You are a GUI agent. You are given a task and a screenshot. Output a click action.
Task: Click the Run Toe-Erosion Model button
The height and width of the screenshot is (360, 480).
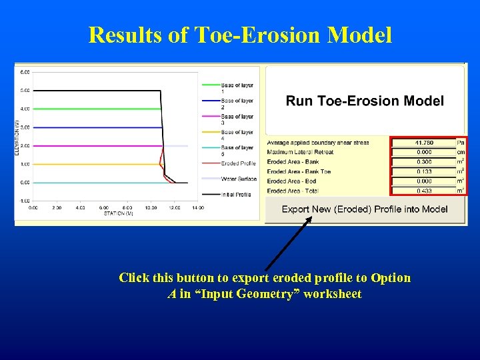365,101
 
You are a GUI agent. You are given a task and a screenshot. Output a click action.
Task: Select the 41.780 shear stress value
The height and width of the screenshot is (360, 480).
423,143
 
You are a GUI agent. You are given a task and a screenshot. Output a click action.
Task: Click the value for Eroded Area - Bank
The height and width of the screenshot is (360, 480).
423,162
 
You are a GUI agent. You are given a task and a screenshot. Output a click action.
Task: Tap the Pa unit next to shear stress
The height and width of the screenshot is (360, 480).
461,143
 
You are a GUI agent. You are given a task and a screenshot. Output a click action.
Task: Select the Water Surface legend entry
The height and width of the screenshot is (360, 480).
239,179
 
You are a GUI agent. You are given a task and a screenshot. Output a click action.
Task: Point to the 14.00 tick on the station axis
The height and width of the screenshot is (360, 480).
198,208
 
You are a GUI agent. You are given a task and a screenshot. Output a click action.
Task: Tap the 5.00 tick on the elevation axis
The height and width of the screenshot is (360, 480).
25,91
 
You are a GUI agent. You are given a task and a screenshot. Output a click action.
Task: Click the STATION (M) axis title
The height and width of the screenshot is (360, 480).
119,213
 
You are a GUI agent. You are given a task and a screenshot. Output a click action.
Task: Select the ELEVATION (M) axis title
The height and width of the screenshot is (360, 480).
17,137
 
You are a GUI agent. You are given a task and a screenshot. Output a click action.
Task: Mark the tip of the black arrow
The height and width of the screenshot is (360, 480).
310,218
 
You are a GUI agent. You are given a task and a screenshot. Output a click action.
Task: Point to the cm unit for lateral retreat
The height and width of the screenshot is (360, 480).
461,152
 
